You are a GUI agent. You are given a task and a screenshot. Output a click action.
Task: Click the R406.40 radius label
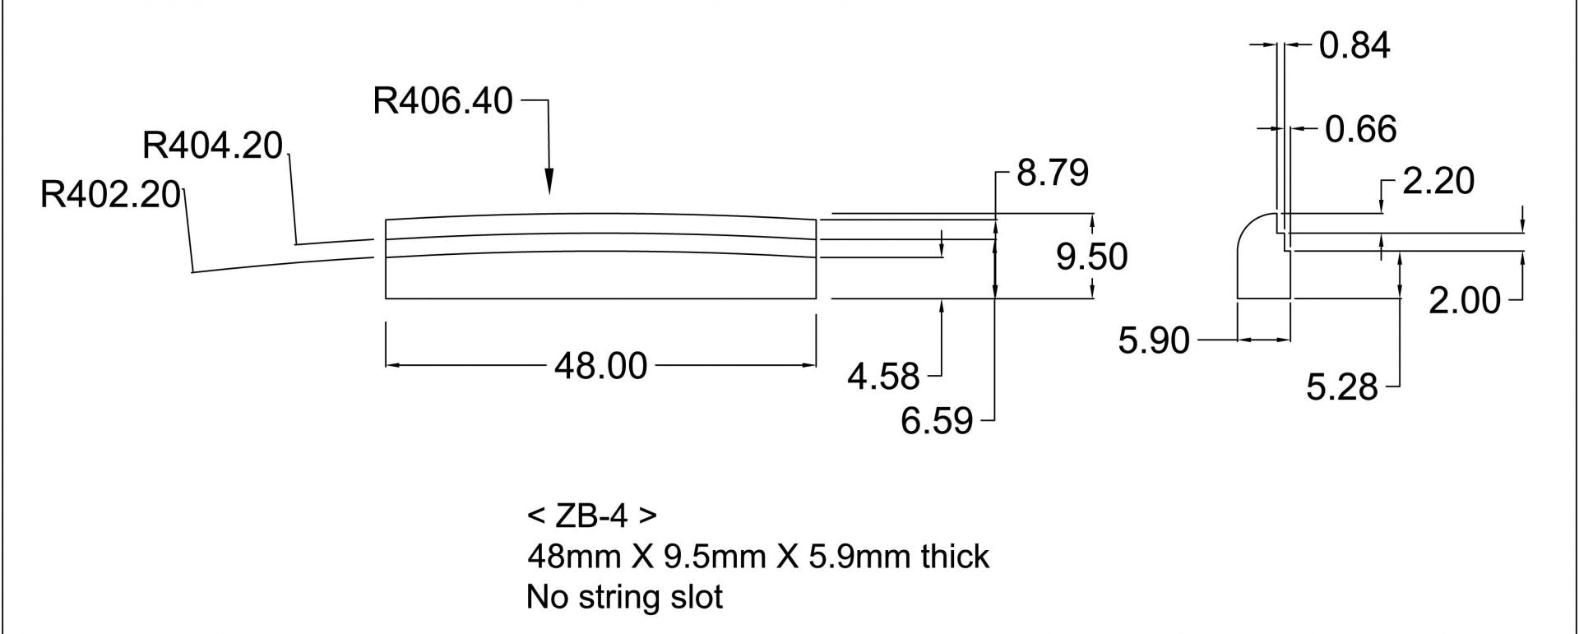[x=442, y=101]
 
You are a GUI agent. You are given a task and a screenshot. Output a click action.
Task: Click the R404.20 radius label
[x=212, y=146]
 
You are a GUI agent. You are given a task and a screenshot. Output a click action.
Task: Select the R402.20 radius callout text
[x=110, y=196]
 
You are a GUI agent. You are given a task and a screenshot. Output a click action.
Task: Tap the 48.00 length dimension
[x=600, y=365]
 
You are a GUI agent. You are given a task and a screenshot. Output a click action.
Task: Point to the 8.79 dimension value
[x=1053, y=173]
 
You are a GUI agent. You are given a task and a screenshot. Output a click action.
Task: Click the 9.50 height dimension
[x=1091, y=257]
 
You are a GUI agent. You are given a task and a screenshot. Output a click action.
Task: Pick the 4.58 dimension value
[x=883, y=377]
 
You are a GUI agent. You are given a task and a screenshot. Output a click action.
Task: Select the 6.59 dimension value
[x=937, y=422]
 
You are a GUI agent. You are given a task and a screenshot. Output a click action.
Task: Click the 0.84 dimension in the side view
[x=1354, y=45]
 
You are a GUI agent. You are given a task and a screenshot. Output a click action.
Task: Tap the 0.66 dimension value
[x=1360, y=130]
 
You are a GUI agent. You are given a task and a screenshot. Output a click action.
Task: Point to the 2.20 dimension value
[x=1438, y=181]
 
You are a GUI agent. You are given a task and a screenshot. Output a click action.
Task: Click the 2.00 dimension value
[x=1464, y=301]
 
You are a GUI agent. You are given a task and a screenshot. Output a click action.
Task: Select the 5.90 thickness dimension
[x=1153, y=340]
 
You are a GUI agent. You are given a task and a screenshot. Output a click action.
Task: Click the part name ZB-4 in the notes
[x=590, y=516]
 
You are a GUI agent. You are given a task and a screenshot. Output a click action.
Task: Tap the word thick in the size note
[x=955, y=558]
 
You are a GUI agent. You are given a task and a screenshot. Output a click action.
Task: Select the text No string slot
[x=624, y=597]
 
